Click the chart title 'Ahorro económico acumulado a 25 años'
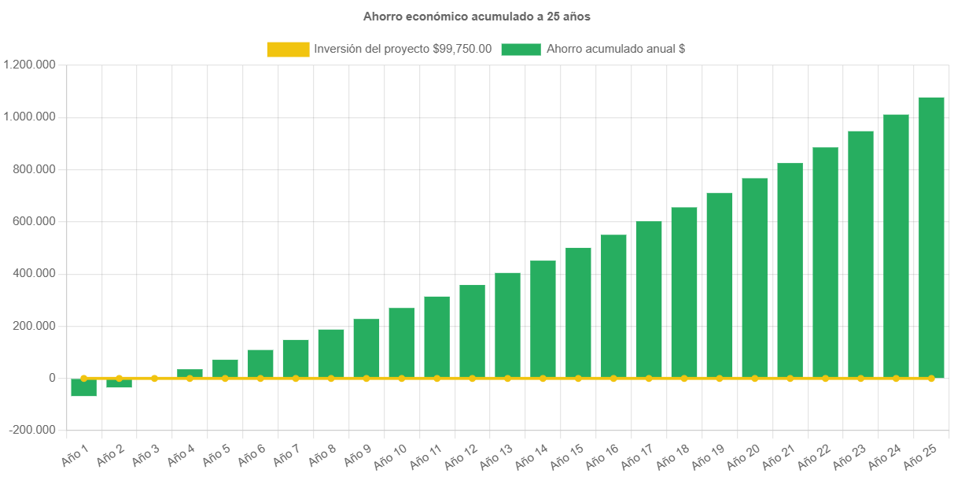[x=477, y=16]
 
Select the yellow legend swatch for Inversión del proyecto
[x=288, y=49]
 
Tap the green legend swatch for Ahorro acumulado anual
[x=521, y=49]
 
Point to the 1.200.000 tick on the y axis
[x=29, y=65]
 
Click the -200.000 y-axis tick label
[x=32, y=430]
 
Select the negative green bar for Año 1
[x=83, y=387]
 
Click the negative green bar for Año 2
[x=119, y=383]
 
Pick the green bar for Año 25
[x=931, y=236]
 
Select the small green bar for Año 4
[x=190, y=373]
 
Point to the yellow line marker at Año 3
[x=154, y=379]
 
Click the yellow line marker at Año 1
[x=83, y=379]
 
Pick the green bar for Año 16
[x=613, y=306]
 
